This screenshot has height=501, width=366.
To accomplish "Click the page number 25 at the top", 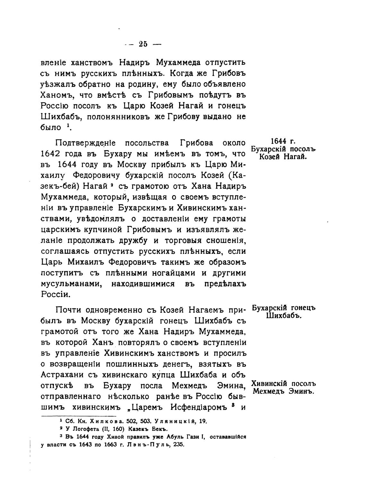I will (143, 44).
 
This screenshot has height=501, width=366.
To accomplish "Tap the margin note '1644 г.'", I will (283, 142).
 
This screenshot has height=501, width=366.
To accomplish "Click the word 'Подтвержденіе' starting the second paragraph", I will (85, 143).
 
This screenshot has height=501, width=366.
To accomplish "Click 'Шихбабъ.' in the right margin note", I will (283, 315).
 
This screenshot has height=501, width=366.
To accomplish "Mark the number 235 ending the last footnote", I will (178, 445).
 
